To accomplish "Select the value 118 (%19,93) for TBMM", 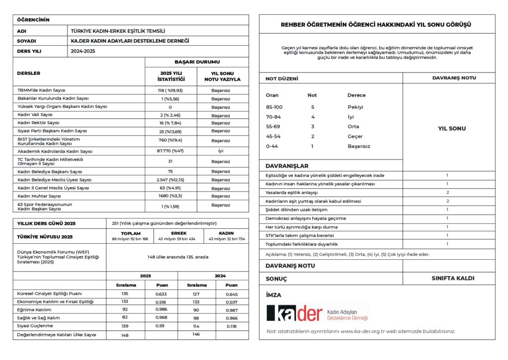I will pyautogui.click(x=170, y=90).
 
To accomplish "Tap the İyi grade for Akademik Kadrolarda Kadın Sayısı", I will pyautogui.click(x=220, y=151).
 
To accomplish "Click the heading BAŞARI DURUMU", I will pyautogui.click(x=196, y=62).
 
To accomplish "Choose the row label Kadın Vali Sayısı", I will pyautogui.click(x=38, y=114).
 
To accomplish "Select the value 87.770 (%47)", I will pyautogui.click(x=170, y=151).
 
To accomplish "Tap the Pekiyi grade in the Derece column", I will pyautogui.click(x=355, y=107).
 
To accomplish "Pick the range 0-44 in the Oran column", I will pyautogui.click(x=272, y=146).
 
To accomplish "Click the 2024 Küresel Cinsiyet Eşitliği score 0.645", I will pyautogui.click(x=231, y=293).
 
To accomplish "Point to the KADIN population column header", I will pyautogui.click(x=226, y=233).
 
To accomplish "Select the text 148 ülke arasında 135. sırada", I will pyautogui.click(x=178, y=257).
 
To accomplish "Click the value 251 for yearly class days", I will pyautogui.click(x=117, y=223).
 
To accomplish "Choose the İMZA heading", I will pyautogui.click(x=274, y=295).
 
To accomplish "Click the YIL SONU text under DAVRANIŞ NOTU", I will pyautogui.click(x=452, y=129).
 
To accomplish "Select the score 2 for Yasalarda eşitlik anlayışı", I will pyautogui.click(x=447, y=192).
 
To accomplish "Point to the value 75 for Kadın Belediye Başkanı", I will pyautogui.click(x=170, y=171).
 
